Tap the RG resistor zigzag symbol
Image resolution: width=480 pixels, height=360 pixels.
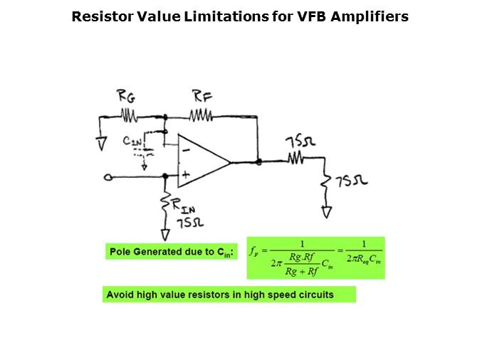click(129, 114)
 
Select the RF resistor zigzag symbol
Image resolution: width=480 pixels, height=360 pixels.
click(200, 114)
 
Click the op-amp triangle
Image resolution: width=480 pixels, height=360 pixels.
click(202, 162)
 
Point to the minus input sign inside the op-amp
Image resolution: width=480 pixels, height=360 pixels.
click(184, 149)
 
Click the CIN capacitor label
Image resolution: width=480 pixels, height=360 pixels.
click(132, 142)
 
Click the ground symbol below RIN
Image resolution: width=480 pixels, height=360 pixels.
click(166, 233)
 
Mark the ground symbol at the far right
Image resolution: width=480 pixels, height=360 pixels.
click(326, 211)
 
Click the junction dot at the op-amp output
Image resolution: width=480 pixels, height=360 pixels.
click(259, 162)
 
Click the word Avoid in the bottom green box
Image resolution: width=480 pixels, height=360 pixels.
click(119, 294)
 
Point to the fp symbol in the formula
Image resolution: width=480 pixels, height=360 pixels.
click(254, 250)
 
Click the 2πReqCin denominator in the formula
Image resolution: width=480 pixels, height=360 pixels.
click(364, 260)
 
